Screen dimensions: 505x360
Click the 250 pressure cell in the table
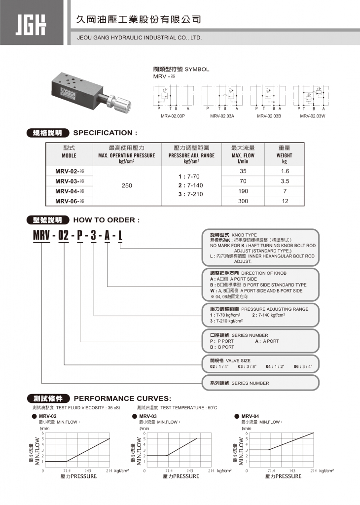click(x=127, y=186)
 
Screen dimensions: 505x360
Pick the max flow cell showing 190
click(x=243, y=190)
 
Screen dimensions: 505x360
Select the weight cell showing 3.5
click(x=285, y=181)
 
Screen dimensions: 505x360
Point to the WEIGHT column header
click(x=284, y=151)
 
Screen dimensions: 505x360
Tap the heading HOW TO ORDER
click(x=106, y=220)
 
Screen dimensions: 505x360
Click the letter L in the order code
click(x=120, y=236)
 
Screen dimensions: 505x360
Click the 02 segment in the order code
click(x=64, y=236)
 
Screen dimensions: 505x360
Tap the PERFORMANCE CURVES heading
click(x=122, y=398)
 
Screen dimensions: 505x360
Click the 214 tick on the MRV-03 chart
click(x=211, y=471)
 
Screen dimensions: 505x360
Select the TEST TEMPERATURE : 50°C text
click(x=177, y=408)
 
